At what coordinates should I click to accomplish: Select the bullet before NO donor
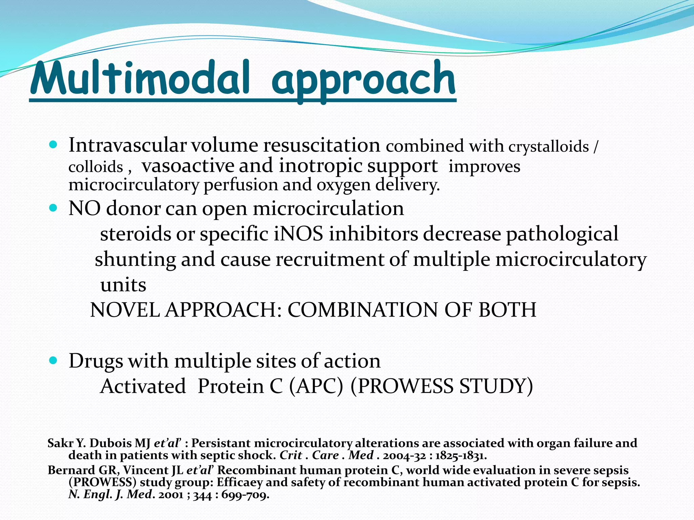coord(53,208)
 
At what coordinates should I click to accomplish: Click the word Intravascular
coord(127,146)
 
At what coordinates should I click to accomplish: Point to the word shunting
coord(135,260)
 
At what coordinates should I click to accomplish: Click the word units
coord(123,285)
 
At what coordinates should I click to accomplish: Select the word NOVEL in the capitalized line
coord(125,310)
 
